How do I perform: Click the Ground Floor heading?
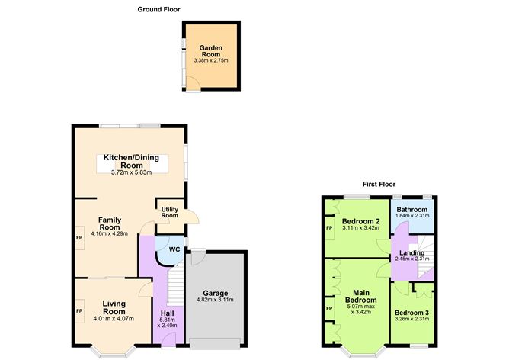[x=159, y=9]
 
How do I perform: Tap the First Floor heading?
[x=378, y=184]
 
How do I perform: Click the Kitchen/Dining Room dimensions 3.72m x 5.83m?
[x=132, y=172]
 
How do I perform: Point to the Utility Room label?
[x=169, y=211]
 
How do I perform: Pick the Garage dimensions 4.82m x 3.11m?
[x=216, y=301]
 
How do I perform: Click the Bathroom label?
[x=411, y=210]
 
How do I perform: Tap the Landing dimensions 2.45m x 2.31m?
[x=411, y=259]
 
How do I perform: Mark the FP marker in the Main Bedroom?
[x=329, y=308]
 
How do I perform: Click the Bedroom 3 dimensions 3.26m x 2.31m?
[x=411, y=319]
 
